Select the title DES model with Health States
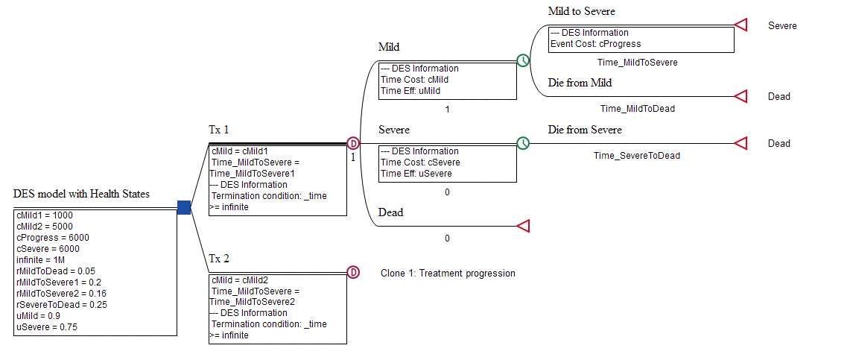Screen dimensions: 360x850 point(81,194)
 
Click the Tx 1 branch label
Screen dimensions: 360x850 point(218,130)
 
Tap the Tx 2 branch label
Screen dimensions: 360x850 point(218,259)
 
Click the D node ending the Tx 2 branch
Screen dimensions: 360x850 point(354,272)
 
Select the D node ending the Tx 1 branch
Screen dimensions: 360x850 point(354,143)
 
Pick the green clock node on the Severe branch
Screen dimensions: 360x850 point(524,143)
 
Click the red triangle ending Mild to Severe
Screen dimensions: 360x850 point(740,25)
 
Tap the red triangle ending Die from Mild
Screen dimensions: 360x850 point(740,96)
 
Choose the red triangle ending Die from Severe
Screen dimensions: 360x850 point(740,143)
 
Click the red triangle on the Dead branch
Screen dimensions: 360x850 point(523,225)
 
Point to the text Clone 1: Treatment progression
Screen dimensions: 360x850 point(448,274)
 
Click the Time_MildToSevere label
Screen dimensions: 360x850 point(637,63)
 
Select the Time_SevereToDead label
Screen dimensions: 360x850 point(636,156)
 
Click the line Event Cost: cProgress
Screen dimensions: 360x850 point(595,44)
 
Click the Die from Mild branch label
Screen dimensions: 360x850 point(580,83)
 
